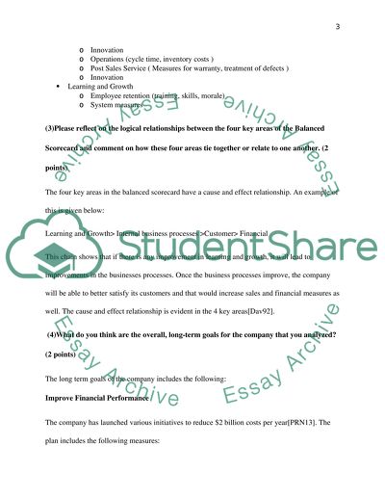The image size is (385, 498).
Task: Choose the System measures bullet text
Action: pos(120,107)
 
